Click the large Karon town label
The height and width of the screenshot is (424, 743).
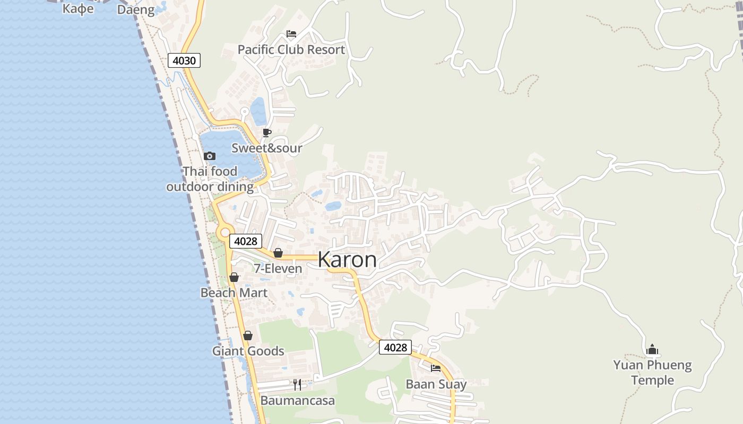click(x=347, y=260)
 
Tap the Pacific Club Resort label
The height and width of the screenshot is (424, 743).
click(x=291, y=50)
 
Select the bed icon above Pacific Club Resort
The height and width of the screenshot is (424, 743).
click(x=291, y=34)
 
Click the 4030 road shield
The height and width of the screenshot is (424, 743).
click(x=184, y=60)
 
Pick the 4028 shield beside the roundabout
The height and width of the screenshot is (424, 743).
click(x=245, y=241)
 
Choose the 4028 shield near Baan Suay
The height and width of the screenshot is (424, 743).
click(x=395, y=348)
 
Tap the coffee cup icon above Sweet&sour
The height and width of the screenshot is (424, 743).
click(x=266, y=132)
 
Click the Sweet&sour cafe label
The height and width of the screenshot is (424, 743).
click(x=266, y=148)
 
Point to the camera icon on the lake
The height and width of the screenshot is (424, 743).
click(x=210, y=156)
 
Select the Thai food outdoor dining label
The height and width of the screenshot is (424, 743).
click(x=210, y=179)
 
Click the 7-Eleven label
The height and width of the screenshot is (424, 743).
click(x=278, y=269)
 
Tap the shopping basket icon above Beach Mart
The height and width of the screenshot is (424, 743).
click(x=234, y=277)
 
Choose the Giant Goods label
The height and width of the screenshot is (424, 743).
click(x=248, y=351)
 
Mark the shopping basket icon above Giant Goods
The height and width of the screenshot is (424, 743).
click(x=248, y=335)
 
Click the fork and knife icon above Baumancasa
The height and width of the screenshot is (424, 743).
click(x=297, y=384)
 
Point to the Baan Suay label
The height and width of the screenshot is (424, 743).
click(x=436, y=384)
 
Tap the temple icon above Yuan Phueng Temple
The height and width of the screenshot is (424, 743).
click(x=652, y=349)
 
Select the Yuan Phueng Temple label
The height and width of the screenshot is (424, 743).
click(x=652, y=373)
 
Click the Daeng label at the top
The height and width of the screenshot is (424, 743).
click(x=136, y=10)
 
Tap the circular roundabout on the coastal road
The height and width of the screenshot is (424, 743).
click(x=224, y=232)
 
